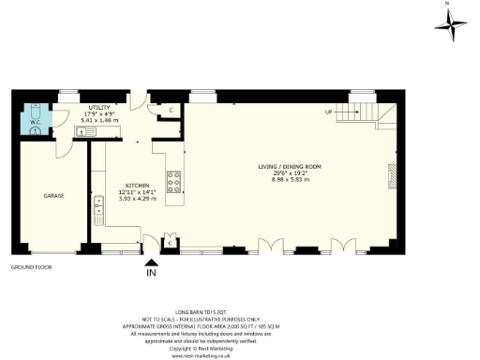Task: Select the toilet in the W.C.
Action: pyautogui.click(x=35, y=130)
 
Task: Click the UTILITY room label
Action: pyautogui.click(x=99, y=108)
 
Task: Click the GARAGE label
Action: pyautogui.click(x=52, y=197)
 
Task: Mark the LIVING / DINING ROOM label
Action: pyautogui.click(x=288, y=167)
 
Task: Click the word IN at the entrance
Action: pyautogui.click(x=151, y=274)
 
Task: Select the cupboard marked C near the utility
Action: pyautogui.click(x=171, y=111)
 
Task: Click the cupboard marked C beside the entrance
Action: pyautogui.click(x=169, y=243)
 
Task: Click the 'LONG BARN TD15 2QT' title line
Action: pyautogui.click(x=202, y=306)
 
